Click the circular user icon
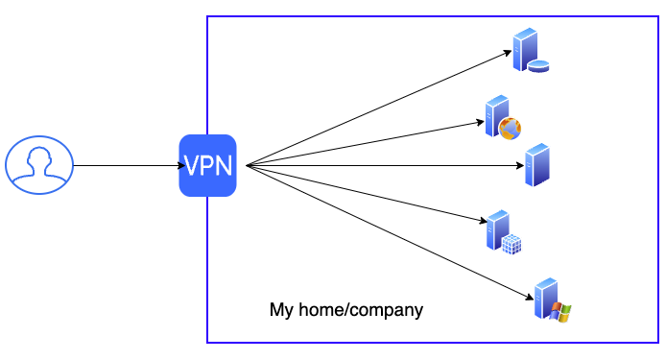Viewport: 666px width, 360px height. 39,165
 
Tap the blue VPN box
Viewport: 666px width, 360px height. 207,166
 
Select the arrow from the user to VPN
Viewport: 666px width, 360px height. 125,165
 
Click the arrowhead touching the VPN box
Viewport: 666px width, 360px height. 175,165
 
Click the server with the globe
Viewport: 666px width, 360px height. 502,118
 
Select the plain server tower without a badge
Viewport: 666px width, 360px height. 536,165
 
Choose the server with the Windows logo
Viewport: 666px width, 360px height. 551,300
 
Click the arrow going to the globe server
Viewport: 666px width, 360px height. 365,144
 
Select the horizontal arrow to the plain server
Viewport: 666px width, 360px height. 384,166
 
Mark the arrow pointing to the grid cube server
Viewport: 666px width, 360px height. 365,193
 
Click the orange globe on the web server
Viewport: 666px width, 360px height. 510,127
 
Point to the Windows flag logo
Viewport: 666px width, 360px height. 561,311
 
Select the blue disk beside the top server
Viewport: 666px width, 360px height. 539,67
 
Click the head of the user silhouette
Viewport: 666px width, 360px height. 39,157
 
